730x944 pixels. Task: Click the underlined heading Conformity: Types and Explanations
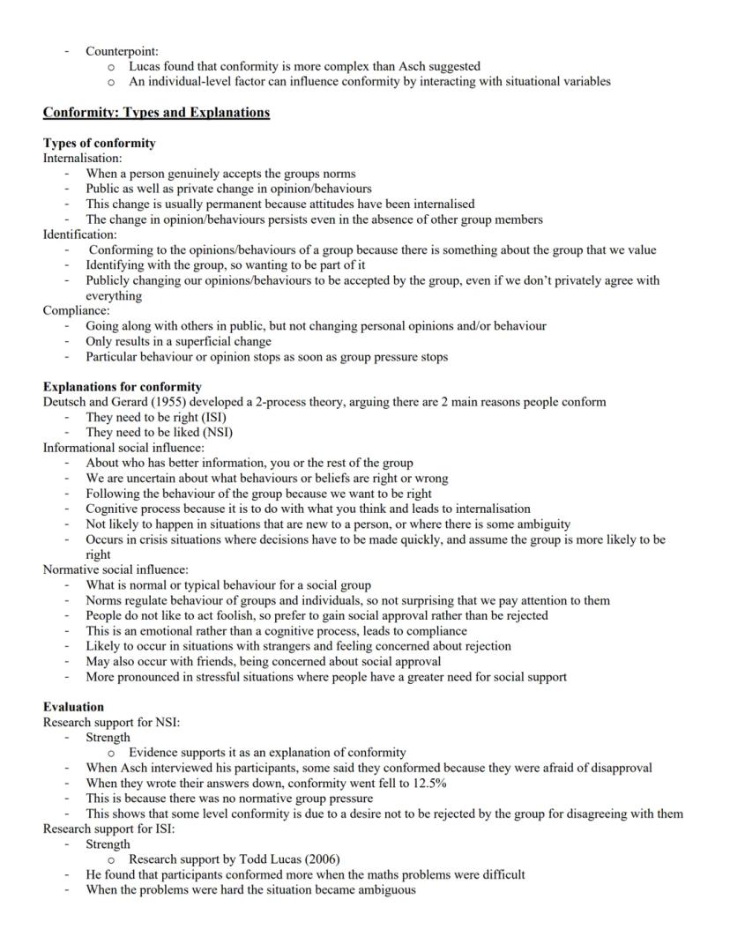[156, 113]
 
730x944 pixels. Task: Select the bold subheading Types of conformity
[100, 143]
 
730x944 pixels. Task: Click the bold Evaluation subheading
[73, 707]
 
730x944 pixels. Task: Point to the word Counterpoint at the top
[122, 51]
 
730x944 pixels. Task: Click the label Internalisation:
[82, 158]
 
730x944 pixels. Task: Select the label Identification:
[79, 234]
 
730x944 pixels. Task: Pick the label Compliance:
[75, 310]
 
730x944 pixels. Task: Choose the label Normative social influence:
[115, 569]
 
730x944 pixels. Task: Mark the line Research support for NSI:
[111, 722]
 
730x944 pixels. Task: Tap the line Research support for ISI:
[109, 829]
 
